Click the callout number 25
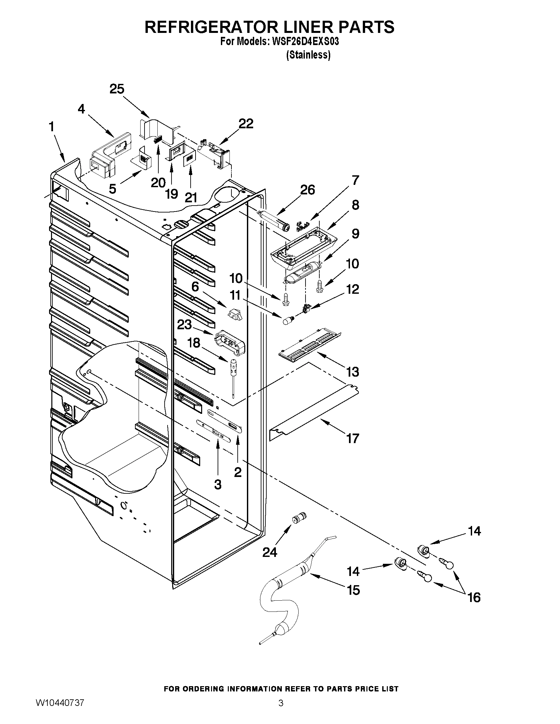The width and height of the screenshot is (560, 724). click(x=117, y=89)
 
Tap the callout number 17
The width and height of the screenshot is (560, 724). click(x=353, y=438)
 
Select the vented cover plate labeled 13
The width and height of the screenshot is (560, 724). click(x=310, y=344)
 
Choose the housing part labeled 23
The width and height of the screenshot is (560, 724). click(x=230, y=343)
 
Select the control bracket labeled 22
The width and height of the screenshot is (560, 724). click(x=214, y=153)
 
